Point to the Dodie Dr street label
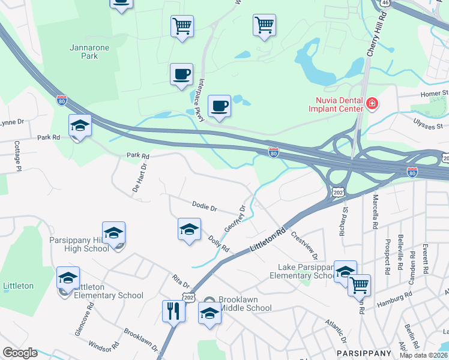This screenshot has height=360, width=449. click(x=204, y=207)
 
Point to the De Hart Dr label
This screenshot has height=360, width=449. click(x=139, y=179)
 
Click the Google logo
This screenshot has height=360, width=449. click(x=20, y=353)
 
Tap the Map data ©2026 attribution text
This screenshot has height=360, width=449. click(x=423, y=355)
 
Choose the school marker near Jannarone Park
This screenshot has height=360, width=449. click(x=80, y=126)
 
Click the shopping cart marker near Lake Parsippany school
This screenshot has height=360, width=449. click(x=359, y=286)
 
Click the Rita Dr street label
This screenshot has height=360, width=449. click(x=181, y=281)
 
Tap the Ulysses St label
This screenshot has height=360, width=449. click(x=427, y=123)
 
